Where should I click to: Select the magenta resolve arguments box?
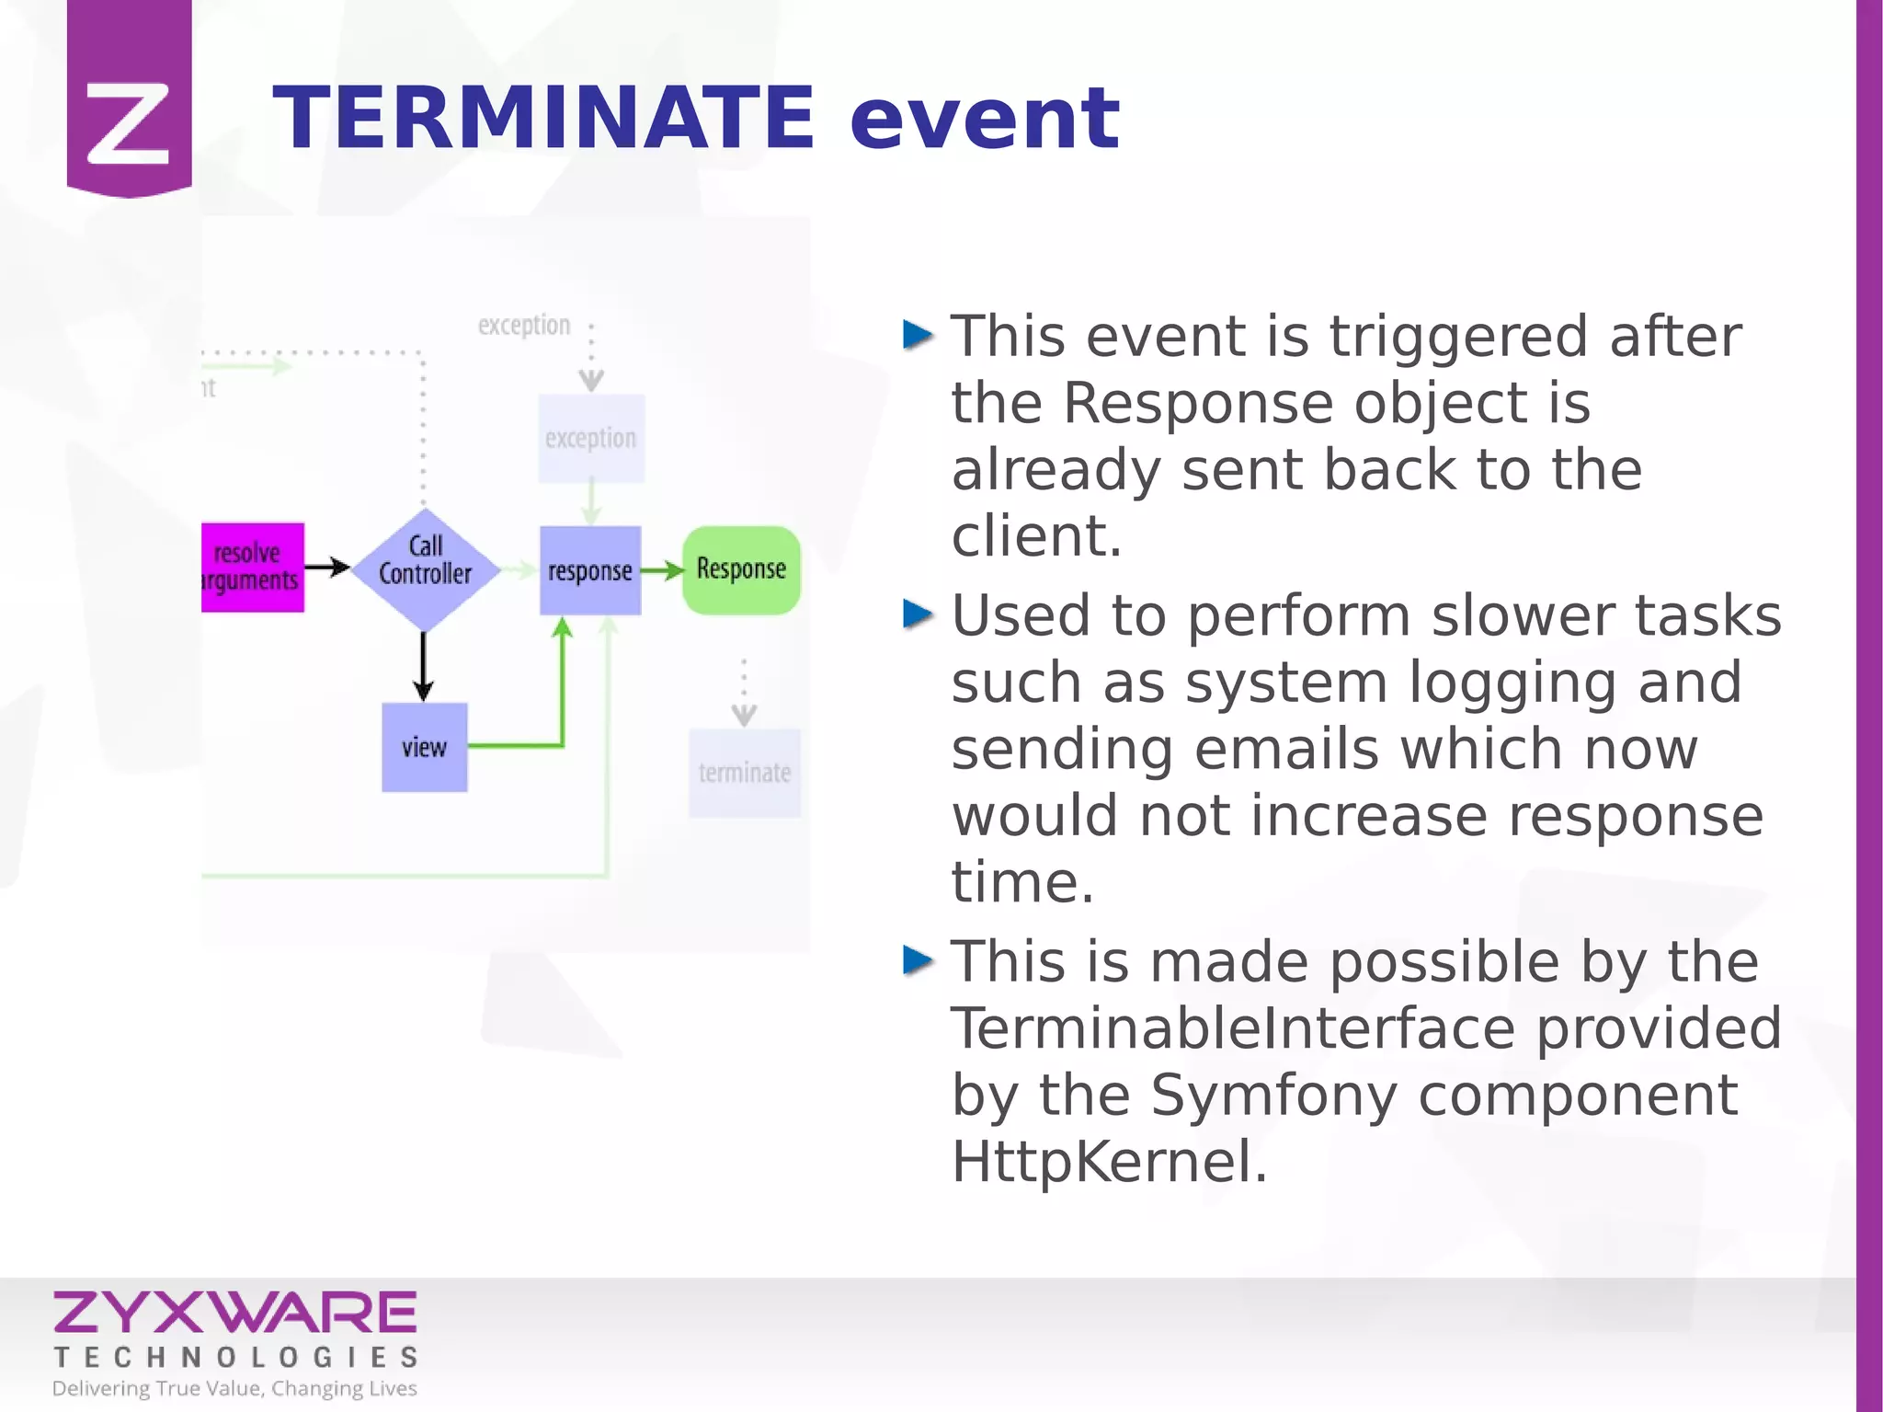point(252,568)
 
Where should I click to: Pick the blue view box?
point(424,747)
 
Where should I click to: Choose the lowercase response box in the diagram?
point(589,570)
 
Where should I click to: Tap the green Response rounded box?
point(741,569)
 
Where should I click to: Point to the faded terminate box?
point(744,773)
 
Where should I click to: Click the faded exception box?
point(590,439)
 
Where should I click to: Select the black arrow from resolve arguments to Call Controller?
point(326,568)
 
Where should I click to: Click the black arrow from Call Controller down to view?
point(423,667)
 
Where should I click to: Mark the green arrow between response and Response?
point(662,571)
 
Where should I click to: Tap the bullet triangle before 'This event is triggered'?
point(918,335)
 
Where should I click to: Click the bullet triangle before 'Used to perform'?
point(918,614)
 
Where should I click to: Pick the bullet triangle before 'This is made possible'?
point(918,960)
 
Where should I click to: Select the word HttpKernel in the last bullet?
point(1109,1161)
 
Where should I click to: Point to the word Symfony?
point(1273,1095)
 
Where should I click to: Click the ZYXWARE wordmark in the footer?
point(235,1313)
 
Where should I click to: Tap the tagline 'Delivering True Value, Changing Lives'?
point(234,1388)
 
